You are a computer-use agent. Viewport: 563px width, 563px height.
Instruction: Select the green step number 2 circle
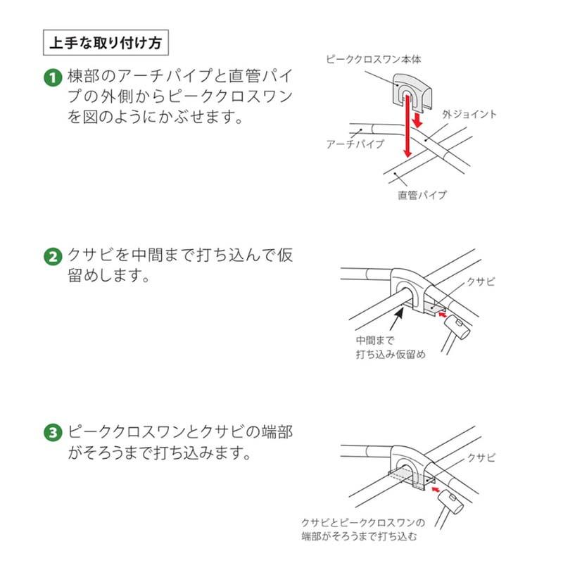[53, 256]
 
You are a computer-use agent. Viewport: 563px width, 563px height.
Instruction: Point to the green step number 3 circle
[53, 433]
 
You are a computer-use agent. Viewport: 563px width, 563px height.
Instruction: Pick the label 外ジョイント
[469, 113]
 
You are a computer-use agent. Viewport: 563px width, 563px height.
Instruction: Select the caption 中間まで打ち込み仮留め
[391, 348]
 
